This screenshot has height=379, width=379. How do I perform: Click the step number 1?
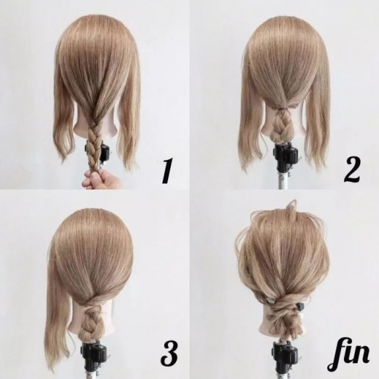click(x=167, y=170)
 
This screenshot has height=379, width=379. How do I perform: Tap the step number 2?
click(x=351, y=170)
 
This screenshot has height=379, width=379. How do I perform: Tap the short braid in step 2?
click(x=282, y=125)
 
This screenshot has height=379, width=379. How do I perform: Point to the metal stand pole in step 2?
click(x=283, y=179)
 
